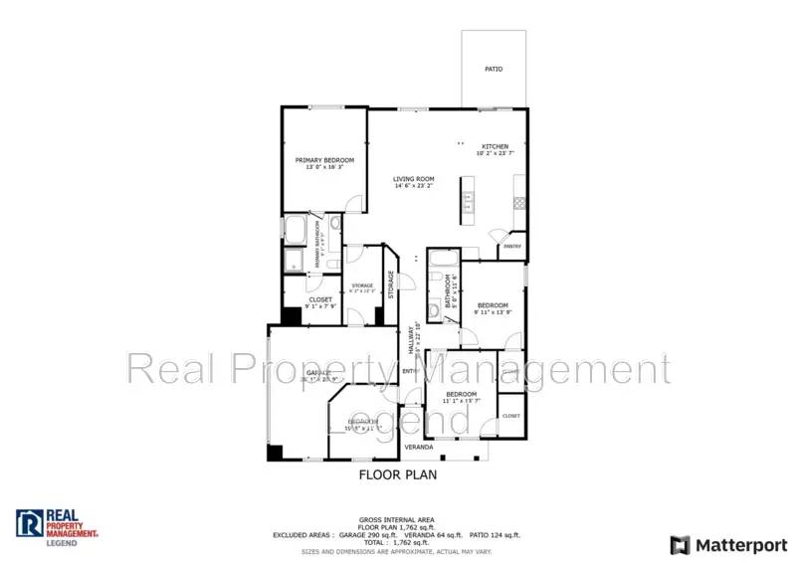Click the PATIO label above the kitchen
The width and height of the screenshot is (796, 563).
[x=494, y=70]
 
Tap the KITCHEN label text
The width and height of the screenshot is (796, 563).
[x=495, y=145]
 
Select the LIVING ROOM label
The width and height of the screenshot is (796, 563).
[x=414, y=179]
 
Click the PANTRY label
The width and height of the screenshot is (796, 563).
[x=512, y=246]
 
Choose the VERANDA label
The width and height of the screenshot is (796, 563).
[x=417, y=448]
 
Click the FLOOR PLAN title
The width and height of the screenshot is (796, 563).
[x=397, y=475]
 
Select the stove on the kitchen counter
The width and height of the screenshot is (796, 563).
[x=518, y=202]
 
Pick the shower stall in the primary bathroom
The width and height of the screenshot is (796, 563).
[x=296, y=261]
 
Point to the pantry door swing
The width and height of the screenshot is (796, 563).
[x=498, y=239]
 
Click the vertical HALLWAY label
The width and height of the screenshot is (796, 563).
[x=412, y=338]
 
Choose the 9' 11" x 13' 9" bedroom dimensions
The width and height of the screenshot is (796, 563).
[x=493, y=313]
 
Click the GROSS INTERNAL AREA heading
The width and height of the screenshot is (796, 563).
[x=397, y=519]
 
